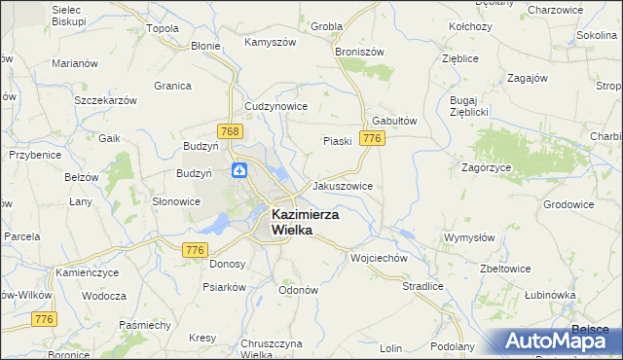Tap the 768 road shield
click(x=230, y=130)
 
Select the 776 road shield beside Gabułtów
click(x=370, y=140)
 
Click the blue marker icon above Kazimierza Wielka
click(x=239, y=171)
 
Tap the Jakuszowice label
click(x=342, y=185)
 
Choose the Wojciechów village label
click(x=378, y=259)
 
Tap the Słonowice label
click(x=176, y=201)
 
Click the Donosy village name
click(x=227, y=263)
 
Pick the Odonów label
click(x=299, y=290)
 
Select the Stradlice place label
click(x=422, y=286)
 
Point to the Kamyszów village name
click(x=270, y=43)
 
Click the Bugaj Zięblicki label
click(x=468, y=106)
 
